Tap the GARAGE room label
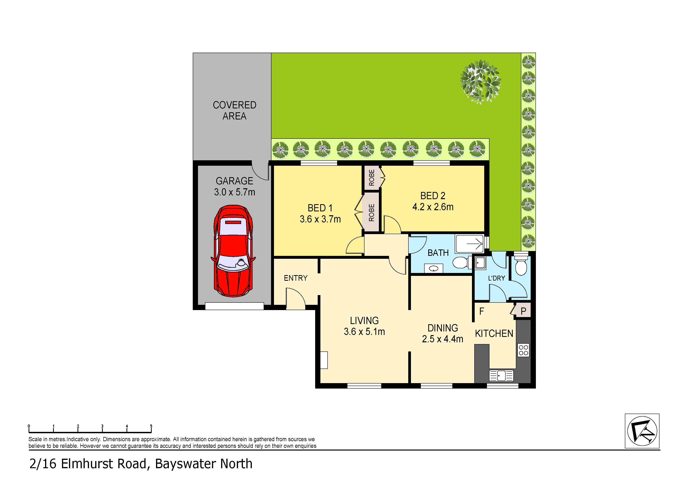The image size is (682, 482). (x=234, y=181)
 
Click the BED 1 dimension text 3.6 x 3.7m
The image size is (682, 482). (x=320, y=219)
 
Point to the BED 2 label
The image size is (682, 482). (x=433, y=196)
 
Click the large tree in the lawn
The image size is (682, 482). (x=480, y=82)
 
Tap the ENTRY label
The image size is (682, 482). (x=296, y=278)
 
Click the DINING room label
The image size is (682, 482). (x=443, y=328)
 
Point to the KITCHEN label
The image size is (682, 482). (x=494, y=334)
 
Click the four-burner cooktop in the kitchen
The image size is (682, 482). (x=523, y=350)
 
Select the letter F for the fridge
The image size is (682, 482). (x=481, y=311)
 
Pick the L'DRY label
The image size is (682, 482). (x=497, y=278)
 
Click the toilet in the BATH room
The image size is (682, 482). (x=460, y=262)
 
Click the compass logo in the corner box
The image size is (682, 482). (x=642, y=431)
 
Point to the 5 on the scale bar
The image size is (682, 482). (x=151, y=426)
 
